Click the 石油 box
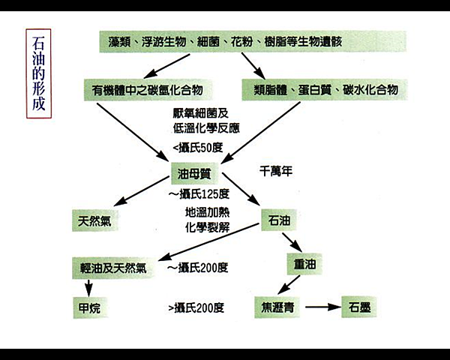tap(279, 221)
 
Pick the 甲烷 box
tap(89, 307)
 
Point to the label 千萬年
tap(275, 171)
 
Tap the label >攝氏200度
tap(197, 307)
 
